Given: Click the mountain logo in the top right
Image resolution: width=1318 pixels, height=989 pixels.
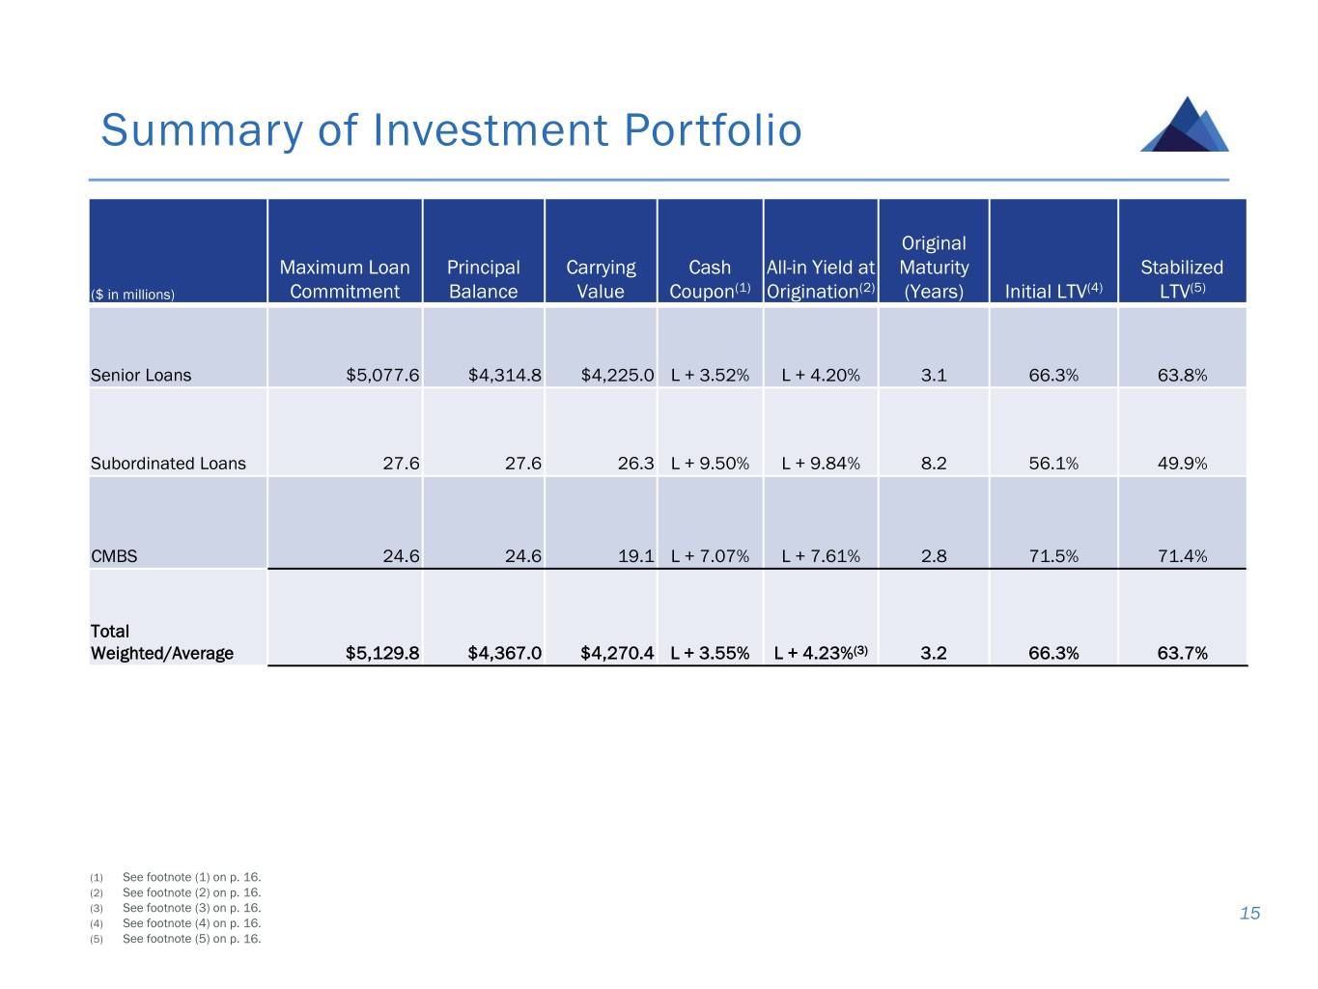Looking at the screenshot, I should coord(1185,125).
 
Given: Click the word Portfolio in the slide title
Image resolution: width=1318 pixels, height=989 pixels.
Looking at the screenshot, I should coord(713,130).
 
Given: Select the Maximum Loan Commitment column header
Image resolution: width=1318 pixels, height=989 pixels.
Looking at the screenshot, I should coord(345,279).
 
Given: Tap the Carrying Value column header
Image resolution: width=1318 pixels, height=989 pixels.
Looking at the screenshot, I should coord(601,279).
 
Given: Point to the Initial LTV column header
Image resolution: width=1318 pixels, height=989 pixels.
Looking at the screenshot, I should coord(1052,291).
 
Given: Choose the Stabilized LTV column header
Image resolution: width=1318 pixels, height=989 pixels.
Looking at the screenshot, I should coord(1182,279).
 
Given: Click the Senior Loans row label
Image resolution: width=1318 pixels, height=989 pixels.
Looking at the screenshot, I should coord(141,375).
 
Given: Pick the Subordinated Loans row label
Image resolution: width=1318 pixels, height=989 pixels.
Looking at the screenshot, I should coord(168,464).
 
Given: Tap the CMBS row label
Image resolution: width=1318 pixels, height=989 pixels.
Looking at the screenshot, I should coord(114,556).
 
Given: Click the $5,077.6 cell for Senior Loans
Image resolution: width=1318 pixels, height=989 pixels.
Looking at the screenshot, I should coord(382,375).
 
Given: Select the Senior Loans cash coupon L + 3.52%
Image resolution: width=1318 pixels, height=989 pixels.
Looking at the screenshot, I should coord(710,375).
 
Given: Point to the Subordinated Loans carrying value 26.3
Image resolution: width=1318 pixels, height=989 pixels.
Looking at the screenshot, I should coord(635,464).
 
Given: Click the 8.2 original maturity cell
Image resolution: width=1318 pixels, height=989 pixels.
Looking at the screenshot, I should coord(934,464).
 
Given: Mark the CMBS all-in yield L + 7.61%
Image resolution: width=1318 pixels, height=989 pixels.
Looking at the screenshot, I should coord(821,556).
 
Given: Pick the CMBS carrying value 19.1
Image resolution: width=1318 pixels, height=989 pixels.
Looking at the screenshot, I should coord(635,556).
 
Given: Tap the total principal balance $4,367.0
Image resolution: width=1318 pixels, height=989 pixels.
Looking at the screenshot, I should coord(504,653).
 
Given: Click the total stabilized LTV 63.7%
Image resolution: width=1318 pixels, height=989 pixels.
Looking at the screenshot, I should coord(1182,653).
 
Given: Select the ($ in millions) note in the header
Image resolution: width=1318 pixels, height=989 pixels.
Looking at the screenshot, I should coord(132,295).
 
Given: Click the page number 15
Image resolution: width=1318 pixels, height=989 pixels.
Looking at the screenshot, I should coord(1249,914).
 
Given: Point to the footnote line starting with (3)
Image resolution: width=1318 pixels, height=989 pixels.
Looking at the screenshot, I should coord(176,908).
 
